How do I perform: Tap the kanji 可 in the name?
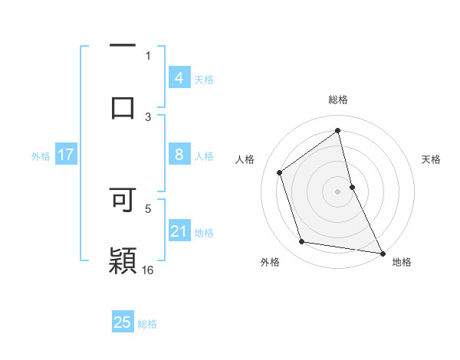click(x=123, y=199)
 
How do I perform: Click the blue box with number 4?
click(x=179, y=78)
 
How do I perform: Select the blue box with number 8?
click(x=179, y=155)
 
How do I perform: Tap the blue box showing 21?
click(x=179, y=231)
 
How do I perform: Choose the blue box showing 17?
click(x=65, y=155)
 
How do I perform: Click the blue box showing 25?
click(x=123, y=322)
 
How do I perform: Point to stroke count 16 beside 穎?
click(x=148, y=270)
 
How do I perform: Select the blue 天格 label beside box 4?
click(x=204, y=79)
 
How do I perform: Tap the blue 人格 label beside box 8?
click(x=204, y=156)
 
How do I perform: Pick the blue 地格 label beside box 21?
click(x=204, y=233)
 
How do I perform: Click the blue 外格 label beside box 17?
click(x=41, y=156)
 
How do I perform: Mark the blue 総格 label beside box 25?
click(x=147, y=324)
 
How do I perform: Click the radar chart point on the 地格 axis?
click(x=382, y=253)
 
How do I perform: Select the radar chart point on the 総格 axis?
click(x=338, y=130)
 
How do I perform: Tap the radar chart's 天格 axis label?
click(x=432, y=159)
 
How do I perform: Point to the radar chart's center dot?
click(x=338, y=191)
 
